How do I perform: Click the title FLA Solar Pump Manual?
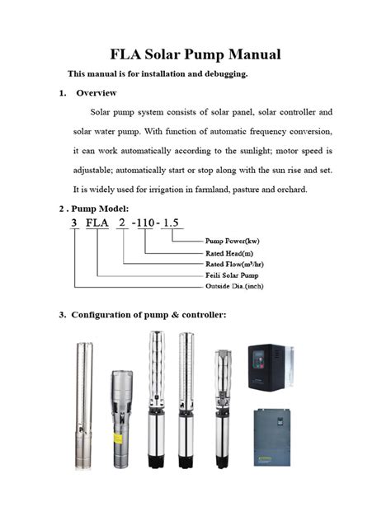point(195,55)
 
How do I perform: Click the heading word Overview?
point(97,93)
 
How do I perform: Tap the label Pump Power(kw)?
point(232,241)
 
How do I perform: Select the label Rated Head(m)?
point(229,254)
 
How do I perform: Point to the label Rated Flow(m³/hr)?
point(234,264)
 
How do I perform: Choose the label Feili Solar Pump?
point(232,275)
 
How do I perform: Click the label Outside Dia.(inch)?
point(234,286)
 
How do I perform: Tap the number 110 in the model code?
point(145,223)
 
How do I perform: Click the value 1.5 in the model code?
point(171,223)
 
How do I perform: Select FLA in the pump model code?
point(97,223)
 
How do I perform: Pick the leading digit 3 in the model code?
point(74,223)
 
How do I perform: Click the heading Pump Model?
point(100,209)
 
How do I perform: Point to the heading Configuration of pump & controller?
point(148,315)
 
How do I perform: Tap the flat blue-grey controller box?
point(272,437)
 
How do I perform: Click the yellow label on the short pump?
point(118,439)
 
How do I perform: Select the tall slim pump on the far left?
point(83,406)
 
